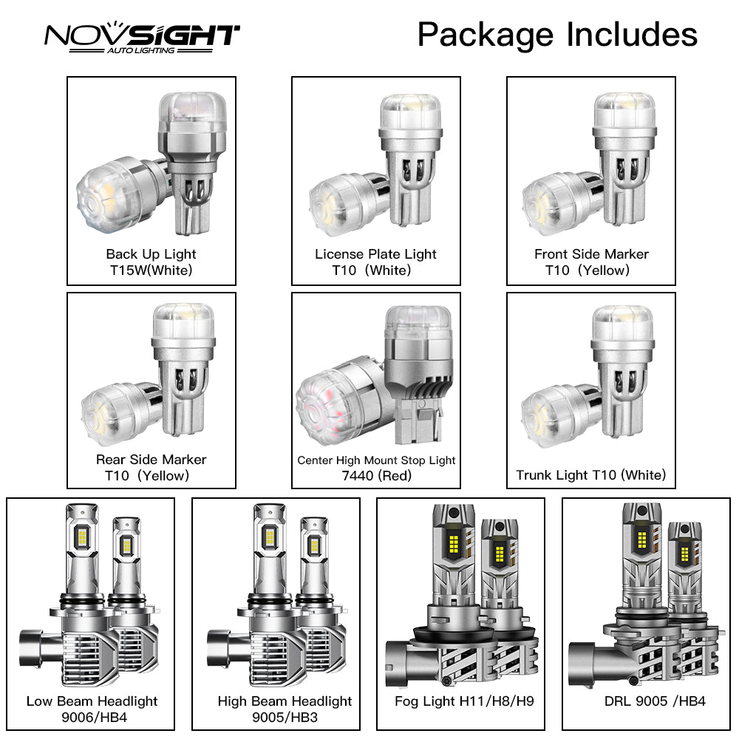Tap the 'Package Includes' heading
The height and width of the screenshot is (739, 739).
pyautogui.click(x=557, y=35)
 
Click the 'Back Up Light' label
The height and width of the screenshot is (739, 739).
pyautogui.click(x=151, y=254)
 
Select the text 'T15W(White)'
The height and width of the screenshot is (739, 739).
pyautogui.click(x=151, y=270)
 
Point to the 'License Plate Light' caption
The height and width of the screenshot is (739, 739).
pyautogui.click(x=375, y=254)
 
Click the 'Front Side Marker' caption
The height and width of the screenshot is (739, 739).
pyautogui.click(x=591, y=254)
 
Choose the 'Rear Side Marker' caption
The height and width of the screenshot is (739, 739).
pyautogui.click(x=151, y=460)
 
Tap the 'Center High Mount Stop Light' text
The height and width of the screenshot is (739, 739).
pyautogui.click(x=376, y=460)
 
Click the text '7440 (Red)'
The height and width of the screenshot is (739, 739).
pyautogui.click(x=376, y=476)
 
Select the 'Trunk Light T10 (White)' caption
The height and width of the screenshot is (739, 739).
pyautogui.click(x=591, y=475)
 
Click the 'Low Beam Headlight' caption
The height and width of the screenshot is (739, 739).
pyautogui.click(x=92, y=701)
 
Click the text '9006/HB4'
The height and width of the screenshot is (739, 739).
pyautogui.click(x=92, y=717)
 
